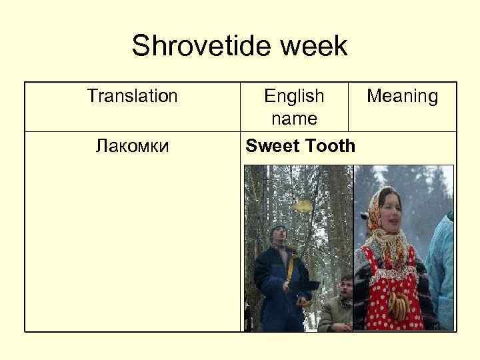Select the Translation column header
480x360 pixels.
pyautogui.click(x=132, y=97)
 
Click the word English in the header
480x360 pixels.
pyautogui.click(x=294, y=97)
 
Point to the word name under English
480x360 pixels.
pyautogui.click(x=294, y=119)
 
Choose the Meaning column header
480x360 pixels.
pyautogui.click(x=403, y=97)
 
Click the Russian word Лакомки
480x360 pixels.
pyautogui.click(x=132, y=145)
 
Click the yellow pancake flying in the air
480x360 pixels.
pyautogui.click(x=303, y=206)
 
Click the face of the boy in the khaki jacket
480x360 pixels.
pyautogui.click(x=345, y=287)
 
